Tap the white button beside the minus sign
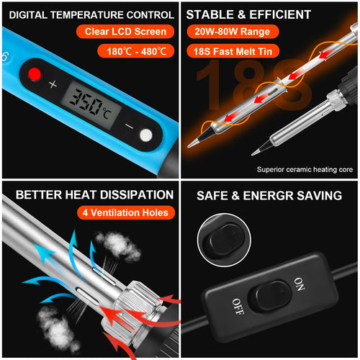(x=147, y=135)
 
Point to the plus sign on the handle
(x=53, y=84)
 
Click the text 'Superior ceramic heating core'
(x=303, y=170)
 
